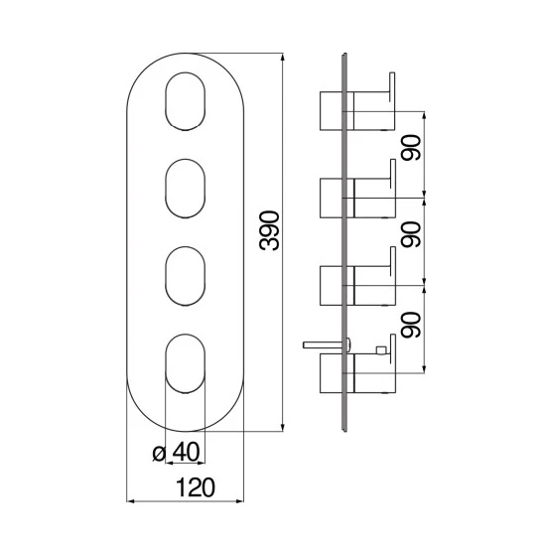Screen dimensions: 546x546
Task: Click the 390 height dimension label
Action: pos(269,230)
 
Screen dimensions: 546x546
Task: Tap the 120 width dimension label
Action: pos(196,487)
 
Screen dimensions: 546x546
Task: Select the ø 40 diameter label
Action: pos(176,452)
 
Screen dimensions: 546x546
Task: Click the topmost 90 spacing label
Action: pos(411,147)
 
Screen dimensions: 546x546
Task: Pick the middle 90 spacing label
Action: pos(411,234)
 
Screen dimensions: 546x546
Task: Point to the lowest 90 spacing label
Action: pos(411,325)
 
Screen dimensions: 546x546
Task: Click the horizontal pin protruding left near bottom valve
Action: pos(327,344)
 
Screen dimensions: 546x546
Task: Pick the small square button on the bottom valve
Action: pos(380,350)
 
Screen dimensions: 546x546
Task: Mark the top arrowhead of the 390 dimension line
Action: pos(283,58)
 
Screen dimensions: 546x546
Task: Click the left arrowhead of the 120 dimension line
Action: pos(131,501)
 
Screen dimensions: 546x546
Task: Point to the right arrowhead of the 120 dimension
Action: pos(239,501)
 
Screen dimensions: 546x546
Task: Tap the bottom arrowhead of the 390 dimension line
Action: pos(283,427)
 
